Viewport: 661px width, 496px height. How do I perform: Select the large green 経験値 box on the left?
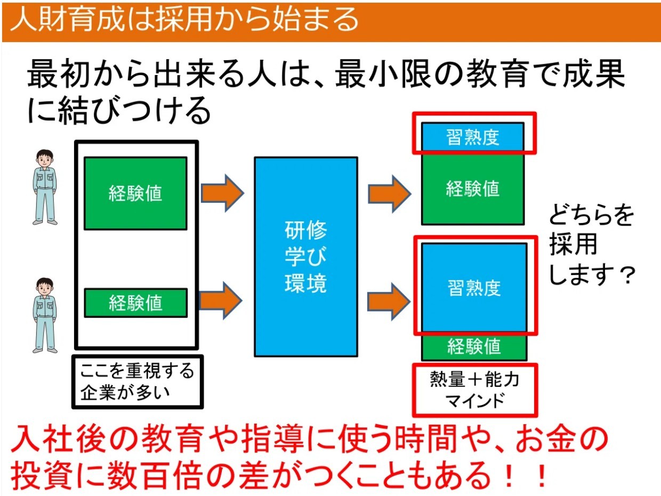point(135,193)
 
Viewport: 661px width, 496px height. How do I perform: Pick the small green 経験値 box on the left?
point(135,303)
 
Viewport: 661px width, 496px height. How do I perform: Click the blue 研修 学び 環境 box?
point(305,257)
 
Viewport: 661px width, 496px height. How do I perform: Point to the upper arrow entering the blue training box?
point(222,192)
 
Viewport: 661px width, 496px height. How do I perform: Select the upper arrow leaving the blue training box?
point(390,192)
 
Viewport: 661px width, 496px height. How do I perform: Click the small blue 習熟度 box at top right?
point(472,138)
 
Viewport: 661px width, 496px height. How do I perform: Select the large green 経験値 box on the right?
point(472,188)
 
